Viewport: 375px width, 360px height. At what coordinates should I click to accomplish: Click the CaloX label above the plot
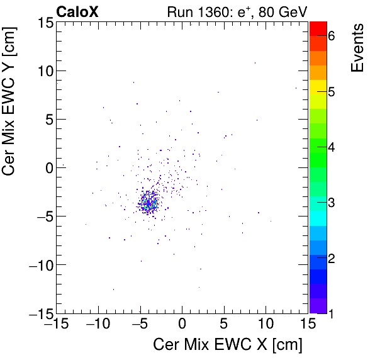[77, 11]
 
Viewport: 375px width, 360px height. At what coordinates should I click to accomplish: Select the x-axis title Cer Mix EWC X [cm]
[228, 345]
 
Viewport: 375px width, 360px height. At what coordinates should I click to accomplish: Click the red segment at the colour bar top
[318, 28]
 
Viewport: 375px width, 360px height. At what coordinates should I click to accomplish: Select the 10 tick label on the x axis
[266, 325]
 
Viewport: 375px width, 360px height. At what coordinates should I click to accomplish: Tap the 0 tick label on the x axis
[182, 325]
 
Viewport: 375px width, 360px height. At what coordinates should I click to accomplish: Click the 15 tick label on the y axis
[43, 23]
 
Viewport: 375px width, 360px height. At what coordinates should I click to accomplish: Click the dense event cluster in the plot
[150, 203]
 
